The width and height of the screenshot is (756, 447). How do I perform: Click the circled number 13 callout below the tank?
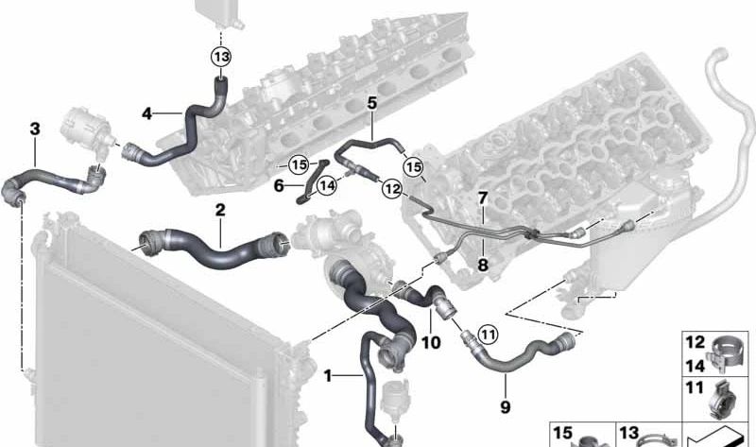click(x=221, y=57)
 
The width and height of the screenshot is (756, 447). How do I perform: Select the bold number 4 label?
click(x=147, y=113)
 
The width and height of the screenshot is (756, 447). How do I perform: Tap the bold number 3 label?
click(x=35, y=129)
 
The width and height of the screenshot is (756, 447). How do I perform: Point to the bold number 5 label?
click(x=371, y=103)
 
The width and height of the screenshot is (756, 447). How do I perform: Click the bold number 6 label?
click(x=279, y=185)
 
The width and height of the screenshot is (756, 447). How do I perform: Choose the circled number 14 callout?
click(x=327, y=185)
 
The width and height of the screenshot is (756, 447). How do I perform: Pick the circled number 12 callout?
click(x=391, y=189)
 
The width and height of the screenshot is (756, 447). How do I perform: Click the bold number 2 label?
click(x=220, y=210)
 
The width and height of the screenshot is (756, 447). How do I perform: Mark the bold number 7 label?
click(x=483, y=198)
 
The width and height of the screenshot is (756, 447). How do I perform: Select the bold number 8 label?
click(x=483, y=265)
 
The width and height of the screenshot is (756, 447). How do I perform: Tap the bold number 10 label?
click(x=431, y=342)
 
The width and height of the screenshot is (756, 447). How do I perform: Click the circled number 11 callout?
click(x=488, y=335)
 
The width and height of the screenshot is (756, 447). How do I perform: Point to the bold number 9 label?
click(x=505, y=407)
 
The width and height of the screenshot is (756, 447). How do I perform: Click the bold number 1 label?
click(x=328, y=375)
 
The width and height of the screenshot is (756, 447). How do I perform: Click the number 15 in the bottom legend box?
click(x=562, y=433)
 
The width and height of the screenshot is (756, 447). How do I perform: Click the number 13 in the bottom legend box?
click(x=629, y=433)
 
